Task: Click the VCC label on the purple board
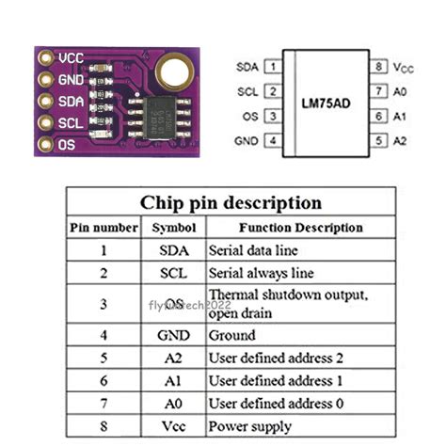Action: point(71,57)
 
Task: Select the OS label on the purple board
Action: point(66,145)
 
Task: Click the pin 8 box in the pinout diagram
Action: point(378,67)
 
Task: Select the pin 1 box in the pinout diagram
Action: point(272,67)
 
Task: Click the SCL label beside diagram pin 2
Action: point(248,91)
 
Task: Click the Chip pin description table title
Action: point(231,202)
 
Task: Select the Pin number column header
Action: point(102,227)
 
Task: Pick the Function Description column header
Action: point(300,227)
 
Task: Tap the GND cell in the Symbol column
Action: point(173,335)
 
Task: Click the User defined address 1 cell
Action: point(276,380)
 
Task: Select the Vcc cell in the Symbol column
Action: point(173,425)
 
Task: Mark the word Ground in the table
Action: point(231,335)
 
